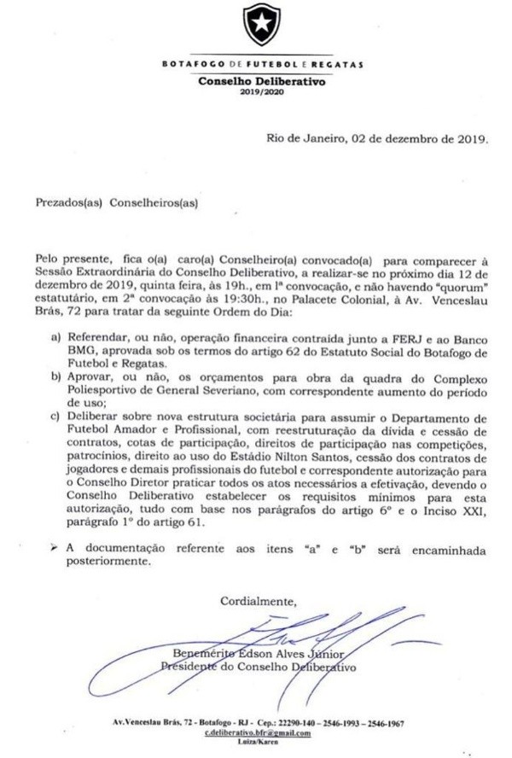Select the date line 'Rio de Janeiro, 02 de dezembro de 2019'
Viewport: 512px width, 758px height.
pyautogui.click(x=377, y=137)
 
